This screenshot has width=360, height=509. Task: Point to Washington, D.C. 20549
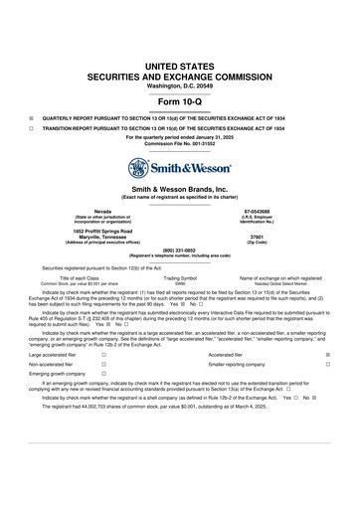(180, 86)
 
